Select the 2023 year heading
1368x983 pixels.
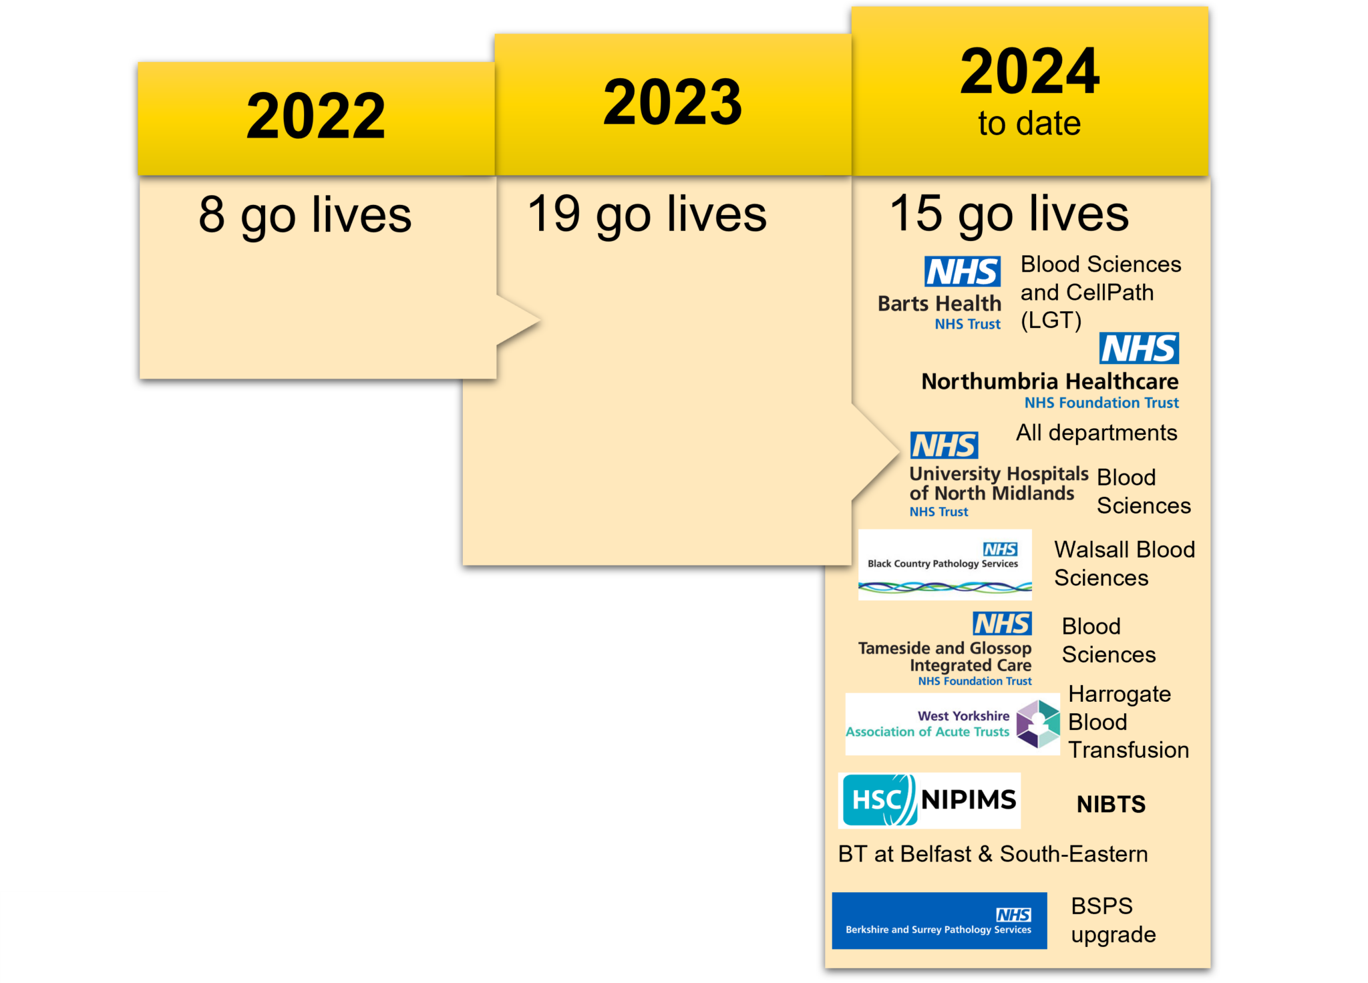pyautogui.click(x=673, y=102)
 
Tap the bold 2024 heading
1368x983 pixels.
pyautogui.click(x=1029, y=71)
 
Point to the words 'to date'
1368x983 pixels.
pyautogui.click(x=1029, y=124)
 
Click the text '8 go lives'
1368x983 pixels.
pyautogui.click(x=305, y=215)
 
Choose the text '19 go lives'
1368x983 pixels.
pyautogui.click(x=647, y=214)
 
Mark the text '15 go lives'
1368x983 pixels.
pyautogui.click(x=1009, y=214)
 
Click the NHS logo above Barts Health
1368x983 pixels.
pyautogui.click(x=963, y=272)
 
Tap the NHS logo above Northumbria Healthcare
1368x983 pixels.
pyautogui.click(x=1139, y=349)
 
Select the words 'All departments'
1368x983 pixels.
pyautogui.click(x=1096, y=433)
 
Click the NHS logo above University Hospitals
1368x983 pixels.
pyautogui.click(x=944, y=445)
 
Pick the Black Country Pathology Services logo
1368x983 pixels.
pyautogui.click(x=945, y=565)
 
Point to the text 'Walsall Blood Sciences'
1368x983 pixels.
pyautogui.click(x=1124, y=564)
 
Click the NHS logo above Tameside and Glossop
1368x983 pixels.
pyautogui.click(x=1002, y=624)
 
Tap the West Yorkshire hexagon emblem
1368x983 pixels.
pyautogui.click(x=1038, y=724)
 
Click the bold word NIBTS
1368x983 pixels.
pyautogui.click(x=1111, y=804)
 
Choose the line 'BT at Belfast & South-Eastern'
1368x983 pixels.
pyautogui.click(x=993, y=854)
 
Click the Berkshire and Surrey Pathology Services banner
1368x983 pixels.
pyautogui.click(x=939, y=921)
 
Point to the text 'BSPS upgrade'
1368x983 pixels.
pyautogui.click(x=1113, y=920)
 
